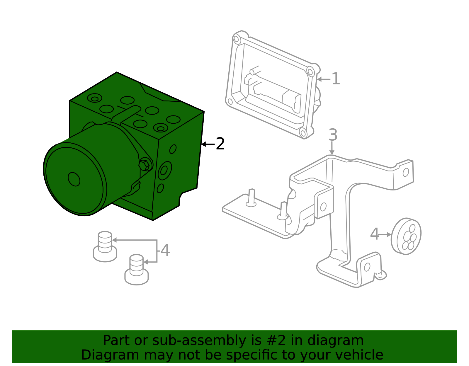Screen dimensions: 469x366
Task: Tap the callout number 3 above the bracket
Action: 333,135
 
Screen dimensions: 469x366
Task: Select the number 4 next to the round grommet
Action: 375,234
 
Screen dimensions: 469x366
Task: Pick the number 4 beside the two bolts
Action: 165,250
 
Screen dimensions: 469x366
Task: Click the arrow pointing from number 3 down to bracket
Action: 332,148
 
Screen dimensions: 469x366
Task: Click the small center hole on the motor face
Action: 74,179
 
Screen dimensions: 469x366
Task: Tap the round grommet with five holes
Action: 406,236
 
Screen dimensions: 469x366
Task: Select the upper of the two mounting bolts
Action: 105,247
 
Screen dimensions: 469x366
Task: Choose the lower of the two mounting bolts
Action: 136,270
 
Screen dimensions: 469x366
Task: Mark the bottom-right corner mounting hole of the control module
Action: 303,133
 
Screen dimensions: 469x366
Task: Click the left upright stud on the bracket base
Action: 251,198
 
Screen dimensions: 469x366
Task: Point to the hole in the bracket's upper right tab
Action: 406,172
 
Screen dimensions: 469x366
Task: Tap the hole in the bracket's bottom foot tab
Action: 367,267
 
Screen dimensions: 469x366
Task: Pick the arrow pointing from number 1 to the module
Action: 324,79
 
